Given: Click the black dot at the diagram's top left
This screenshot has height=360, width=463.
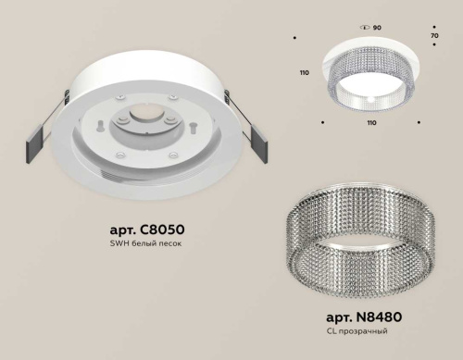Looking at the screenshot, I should [x=294, y=38].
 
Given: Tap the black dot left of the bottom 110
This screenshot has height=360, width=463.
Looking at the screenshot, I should [x=322, y=121].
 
